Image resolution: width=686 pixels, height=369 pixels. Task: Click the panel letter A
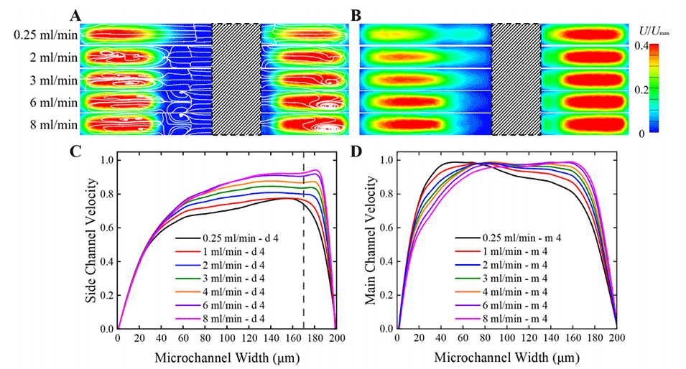pyautogui.click(x=75, y=14)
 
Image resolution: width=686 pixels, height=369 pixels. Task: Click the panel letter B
pyautogui.click(x=355, y=14)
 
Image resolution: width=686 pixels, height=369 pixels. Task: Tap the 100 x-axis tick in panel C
pyautogui.click(x=226, y=338)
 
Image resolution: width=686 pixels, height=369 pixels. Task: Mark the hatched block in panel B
pyautogui.click(x=515, y=78)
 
